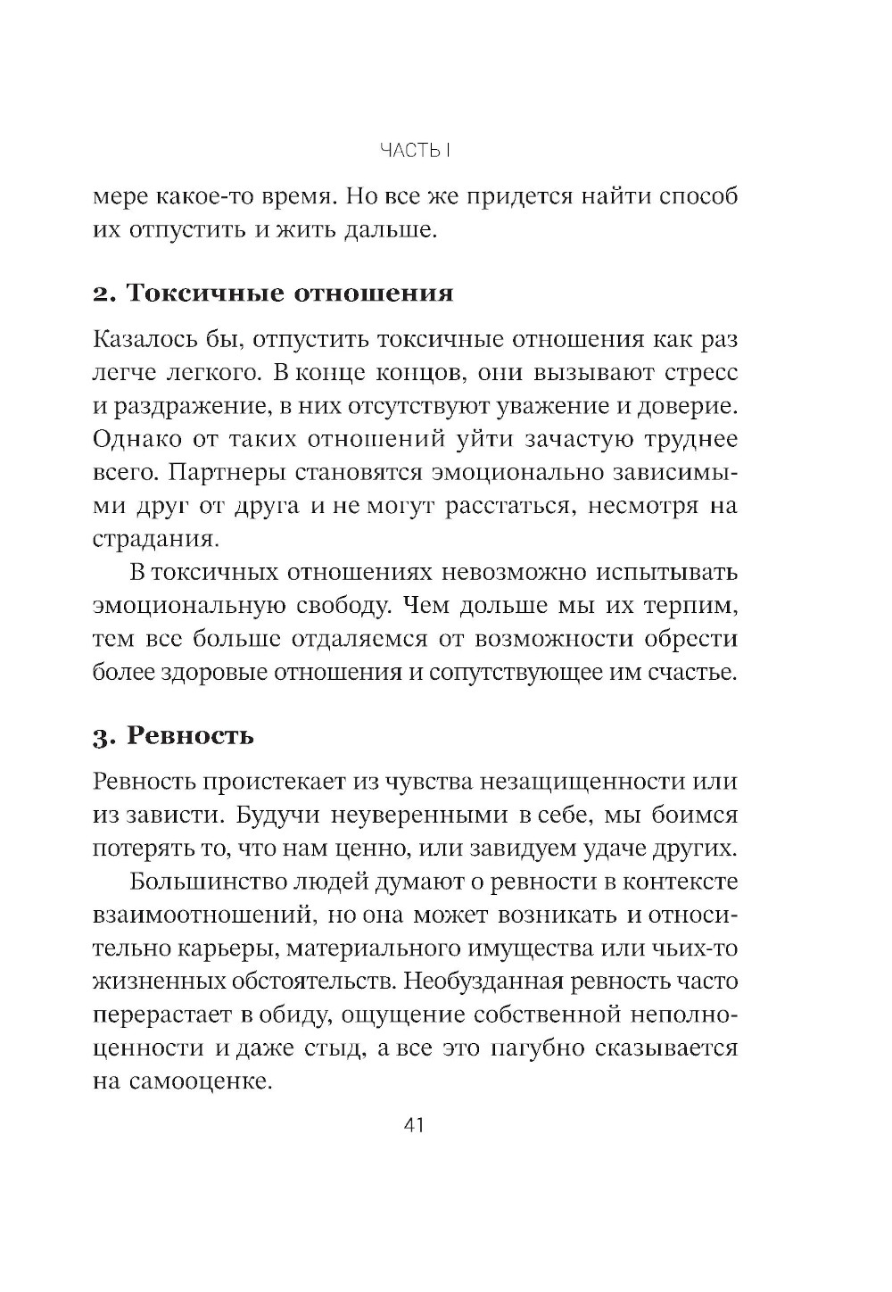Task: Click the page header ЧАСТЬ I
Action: (x=412, y=150)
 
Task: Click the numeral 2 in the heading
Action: (x=100, y=294)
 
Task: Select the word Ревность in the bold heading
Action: (x=190, y=736)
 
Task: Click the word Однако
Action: (x=137, y=440)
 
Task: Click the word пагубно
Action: (x=537, y=1048)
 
